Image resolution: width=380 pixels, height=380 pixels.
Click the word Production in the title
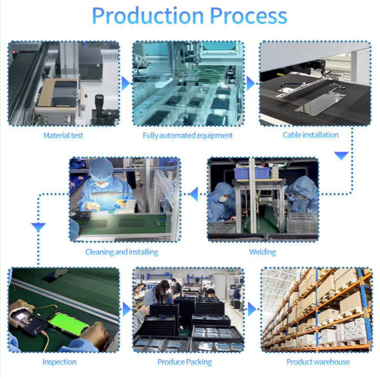pos(148,16)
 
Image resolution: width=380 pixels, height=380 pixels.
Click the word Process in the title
pos(248,16)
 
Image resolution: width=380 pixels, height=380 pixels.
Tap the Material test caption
pos(63,135)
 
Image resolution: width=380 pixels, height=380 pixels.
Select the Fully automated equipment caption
pos(188,135)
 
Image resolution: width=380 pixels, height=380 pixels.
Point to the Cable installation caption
pos(311,135)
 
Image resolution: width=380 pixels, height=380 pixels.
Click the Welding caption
pos(263,252)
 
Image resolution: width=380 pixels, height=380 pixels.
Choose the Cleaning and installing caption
pos(122,252)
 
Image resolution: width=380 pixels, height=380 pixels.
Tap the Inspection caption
pos(59,362)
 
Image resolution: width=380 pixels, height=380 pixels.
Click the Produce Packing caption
pos(185,362)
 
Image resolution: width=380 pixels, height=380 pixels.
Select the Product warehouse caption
pos(318,362)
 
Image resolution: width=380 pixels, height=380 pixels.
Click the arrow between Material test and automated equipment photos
pos(125,83)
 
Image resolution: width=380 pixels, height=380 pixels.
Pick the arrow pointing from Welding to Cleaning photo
pos(194,194)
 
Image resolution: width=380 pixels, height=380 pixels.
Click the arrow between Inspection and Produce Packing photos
pos(127,310)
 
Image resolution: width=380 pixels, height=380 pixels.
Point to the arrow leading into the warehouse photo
pos(252,310)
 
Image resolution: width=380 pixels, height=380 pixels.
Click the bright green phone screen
pos(68,324)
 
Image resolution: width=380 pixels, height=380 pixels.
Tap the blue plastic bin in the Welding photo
pos(252,173)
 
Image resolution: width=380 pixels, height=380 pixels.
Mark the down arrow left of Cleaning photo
pos(38,227)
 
